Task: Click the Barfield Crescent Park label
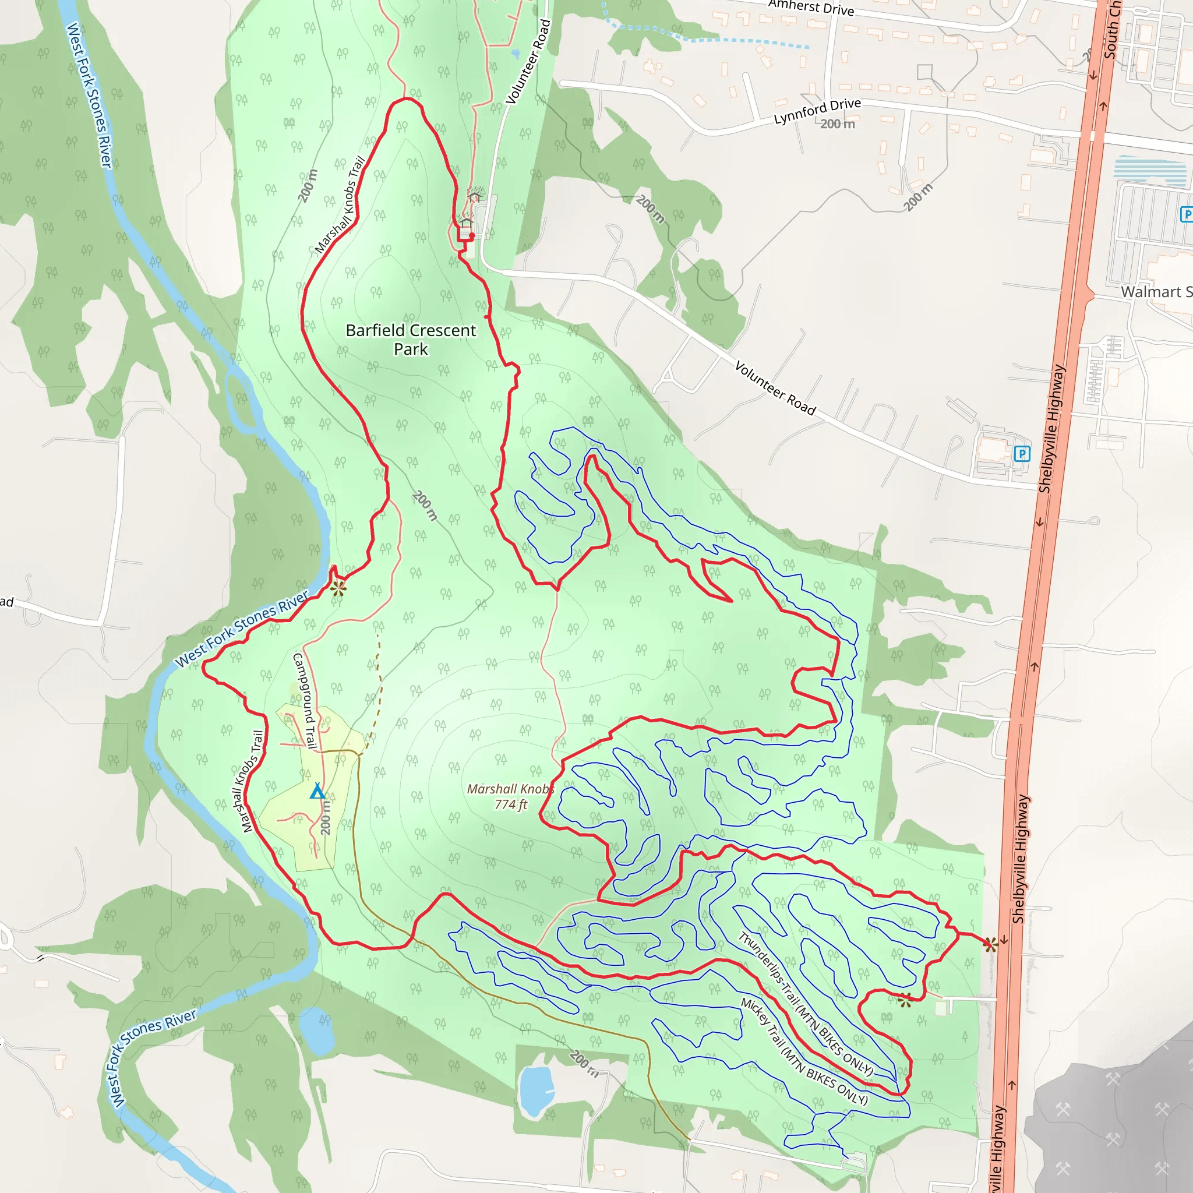coord(411,340)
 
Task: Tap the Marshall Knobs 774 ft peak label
coord(510,796)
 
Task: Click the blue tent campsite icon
coord(317,791)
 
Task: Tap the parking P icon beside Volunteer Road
coord(1022,454)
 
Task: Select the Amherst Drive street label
coord(811,8)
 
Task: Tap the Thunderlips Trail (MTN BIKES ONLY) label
coord(806,1004)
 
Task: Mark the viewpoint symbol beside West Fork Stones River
coord(338,588)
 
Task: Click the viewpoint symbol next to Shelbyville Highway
coord(990,944)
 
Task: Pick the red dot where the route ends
coord(472,235)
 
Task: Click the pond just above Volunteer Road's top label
coord(516,54)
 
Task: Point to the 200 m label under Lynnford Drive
coord(837,124)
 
